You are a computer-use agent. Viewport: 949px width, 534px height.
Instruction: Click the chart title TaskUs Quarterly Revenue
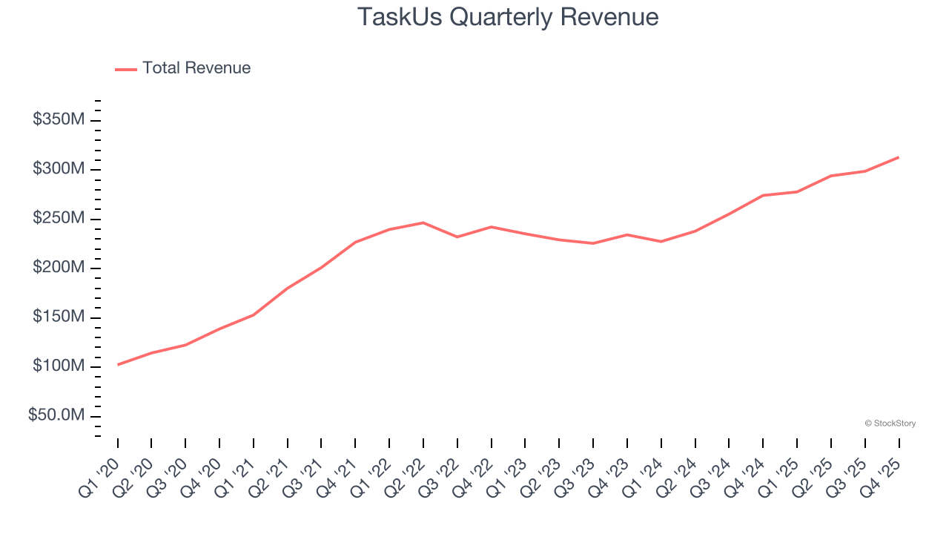[x=508, y=17]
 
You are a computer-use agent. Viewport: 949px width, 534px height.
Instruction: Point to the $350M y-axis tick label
[x=59, y=120]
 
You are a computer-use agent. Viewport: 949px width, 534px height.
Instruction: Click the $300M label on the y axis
[x=59, y=169]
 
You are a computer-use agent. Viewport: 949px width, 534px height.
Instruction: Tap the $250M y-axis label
[x=59, y=219]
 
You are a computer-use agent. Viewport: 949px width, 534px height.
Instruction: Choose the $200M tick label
[x=59, y=268]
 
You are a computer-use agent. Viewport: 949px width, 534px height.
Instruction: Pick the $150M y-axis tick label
[x=59, y=317]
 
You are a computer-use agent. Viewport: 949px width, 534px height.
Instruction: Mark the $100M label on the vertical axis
[x=59, y=366]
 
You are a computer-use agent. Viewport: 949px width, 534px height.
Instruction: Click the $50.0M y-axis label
[x=56, y=415]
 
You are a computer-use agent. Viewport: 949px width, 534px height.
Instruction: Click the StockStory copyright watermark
[x=890, y=423]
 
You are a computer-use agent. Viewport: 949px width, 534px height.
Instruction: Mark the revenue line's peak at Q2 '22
[x=423, y=222]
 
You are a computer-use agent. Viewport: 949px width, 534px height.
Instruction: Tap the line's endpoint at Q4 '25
[x=899, y=157]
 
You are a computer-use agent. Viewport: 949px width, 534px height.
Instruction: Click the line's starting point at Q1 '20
[x=118, y=365]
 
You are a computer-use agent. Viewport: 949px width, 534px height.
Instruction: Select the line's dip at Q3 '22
[x=457, y=237]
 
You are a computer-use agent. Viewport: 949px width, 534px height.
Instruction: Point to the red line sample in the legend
[x=126, y=69]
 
